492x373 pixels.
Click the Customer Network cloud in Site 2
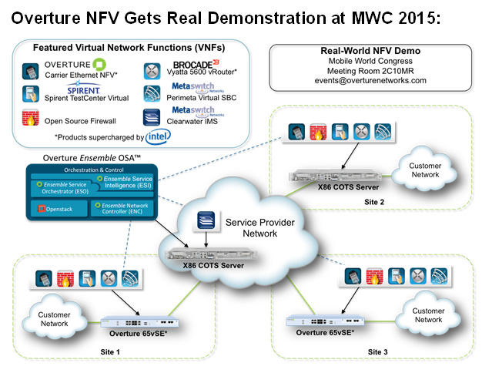tap(424, 171)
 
